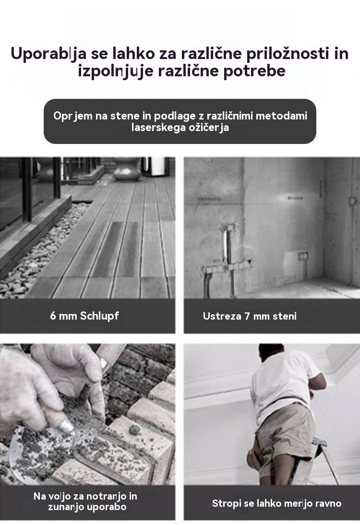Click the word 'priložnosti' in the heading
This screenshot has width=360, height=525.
288,54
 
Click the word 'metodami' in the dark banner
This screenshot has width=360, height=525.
281,116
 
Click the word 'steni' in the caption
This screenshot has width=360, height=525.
284,316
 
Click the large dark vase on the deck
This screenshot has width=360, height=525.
127,168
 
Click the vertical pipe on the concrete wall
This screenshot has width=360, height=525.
228,246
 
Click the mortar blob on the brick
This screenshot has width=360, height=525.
134,430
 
